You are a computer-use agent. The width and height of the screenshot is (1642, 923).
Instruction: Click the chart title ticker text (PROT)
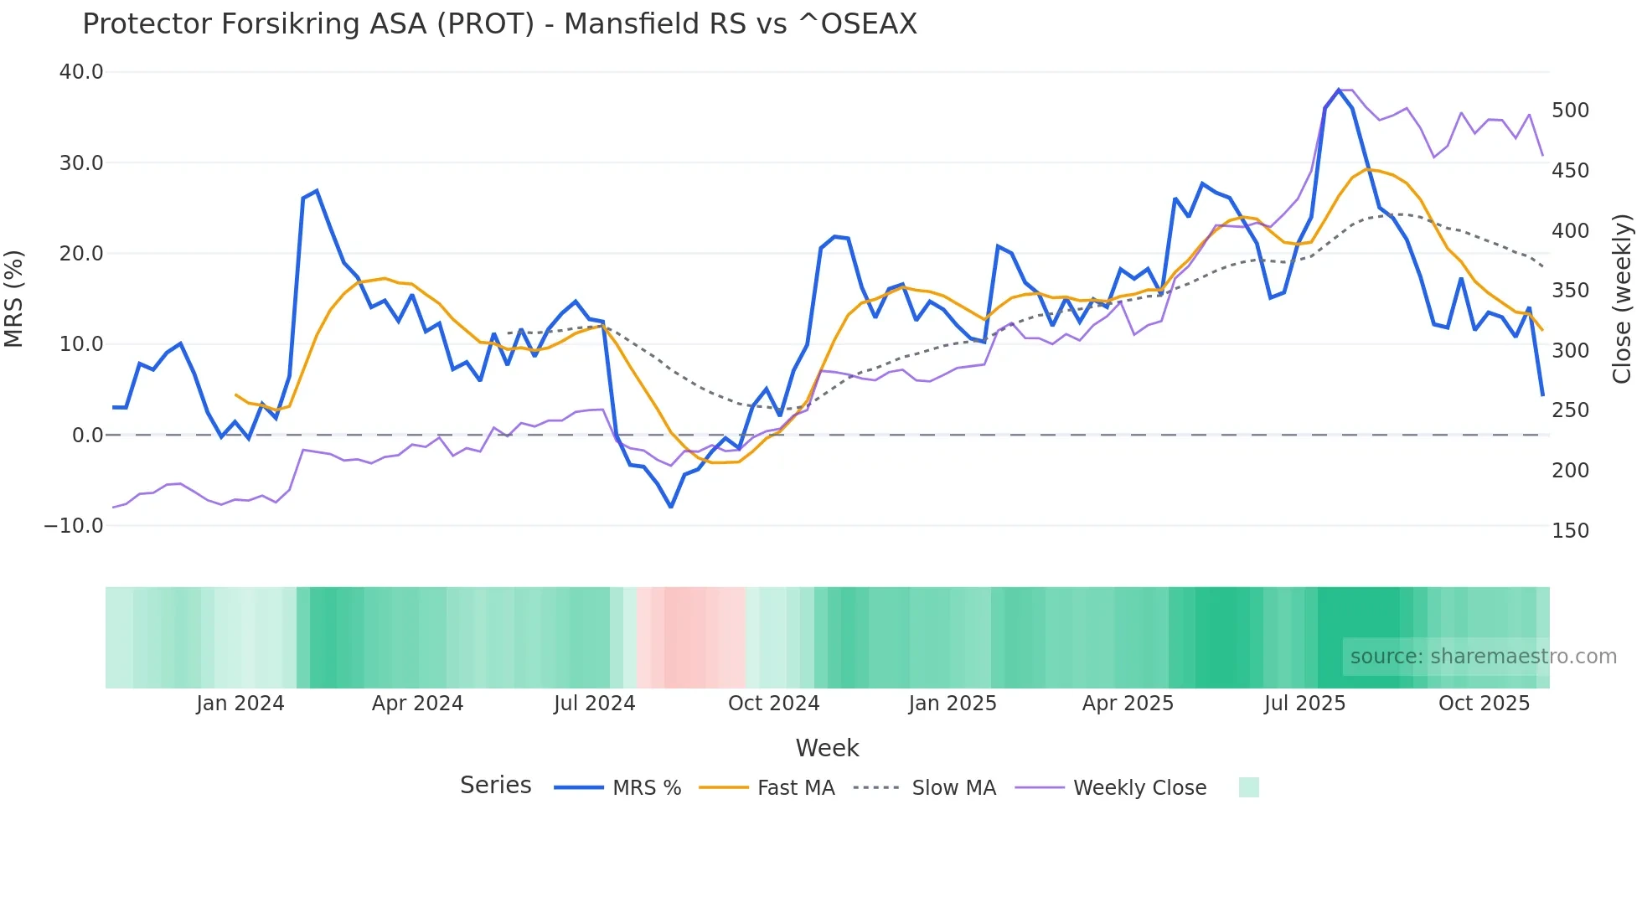(x=485, y=24)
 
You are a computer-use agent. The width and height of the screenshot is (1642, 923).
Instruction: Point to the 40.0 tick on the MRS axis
(x=81, y=72)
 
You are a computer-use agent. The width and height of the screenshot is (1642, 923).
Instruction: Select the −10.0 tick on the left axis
(x=74, y=526)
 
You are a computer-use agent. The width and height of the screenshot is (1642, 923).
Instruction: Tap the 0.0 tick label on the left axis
(x=87, y=436)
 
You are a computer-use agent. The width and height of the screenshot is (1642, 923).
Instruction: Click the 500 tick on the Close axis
(x=1571, y=111)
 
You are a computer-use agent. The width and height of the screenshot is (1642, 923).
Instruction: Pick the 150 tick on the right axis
(x=1571, y=531)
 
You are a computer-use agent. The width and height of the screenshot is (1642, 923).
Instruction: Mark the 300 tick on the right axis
(x=1571, y=351)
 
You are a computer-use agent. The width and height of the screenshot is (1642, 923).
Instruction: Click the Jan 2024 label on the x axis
(x=240, y=704)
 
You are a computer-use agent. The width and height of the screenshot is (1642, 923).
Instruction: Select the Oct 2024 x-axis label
(x=773, y=704)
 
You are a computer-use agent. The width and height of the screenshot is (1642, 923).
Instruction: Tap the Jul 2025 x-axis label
(x=1304, y=704)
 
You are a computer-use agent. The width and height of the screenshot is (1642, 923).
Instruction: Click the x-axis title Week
(x=827, y=748)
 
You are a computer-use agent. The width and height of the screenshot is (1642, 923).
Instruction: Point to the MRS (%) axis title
(x=13, y=298)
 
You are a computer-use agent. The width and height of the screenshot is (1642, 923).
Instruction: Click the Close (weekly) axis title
(x=1623, y=298)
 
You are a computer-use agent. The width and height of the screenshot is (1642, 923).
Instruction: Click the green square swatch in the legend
(x=1248, y=788)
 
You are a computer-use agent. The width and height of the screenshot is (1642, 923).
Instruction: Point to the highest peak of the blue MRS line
(x=1339, y=90)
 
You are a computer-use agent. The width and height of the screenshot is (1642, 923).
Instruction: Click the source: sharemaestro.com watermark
(x=1483, y=657)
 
